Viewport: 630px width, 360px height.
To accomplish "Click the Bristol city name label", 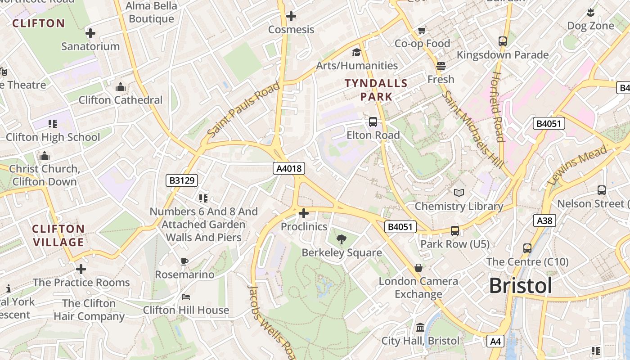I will [520, 286].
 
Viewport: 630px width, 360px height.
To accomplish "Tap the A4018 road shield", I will [289, 169].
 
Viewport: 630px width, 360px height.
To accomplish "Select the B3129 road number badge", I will [182, 180].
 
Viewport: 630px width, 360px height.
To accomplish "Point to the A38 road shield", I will [544, 220].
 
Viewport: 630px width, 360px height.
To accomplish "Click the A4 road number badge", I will [495, 342].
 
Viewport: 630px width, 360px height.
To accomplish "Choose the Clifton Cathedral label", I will [121, 100].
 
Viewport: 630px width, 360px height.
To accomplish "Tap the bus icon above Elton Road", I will [373, 122].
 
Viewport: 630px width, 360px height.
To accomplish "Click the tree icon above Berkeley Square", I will [342, 239].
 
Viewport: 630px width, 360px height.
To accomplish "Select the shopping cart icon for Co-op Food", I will [422, 31].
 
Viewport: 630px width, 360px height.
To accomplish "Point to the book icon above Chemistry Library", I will [459, 193].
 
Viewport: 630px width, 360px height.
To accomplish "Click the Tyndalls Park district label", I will [376, 90].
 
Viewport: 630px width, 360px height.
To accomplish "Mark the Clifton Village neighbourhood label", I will [58, 235].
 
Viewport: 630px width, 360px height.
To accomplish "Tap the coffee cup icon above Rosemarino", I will [184, 261].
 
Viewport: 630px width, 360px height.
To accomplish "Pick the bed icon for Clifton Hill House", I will [186, 297].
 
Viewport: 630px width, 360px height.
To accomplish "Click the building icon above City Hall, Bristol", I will [420, 327].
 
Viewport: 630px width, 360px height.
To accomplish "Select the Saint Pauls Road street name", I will [243, 109].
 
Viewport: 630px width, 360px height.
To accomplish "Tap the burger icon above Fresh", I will [441, 66].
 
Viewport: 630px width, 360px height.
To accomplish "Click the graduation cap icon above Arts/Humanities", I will [356, 52].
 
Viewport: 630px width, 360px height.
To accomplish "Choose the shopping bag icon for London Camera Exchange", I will [418, 268].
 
